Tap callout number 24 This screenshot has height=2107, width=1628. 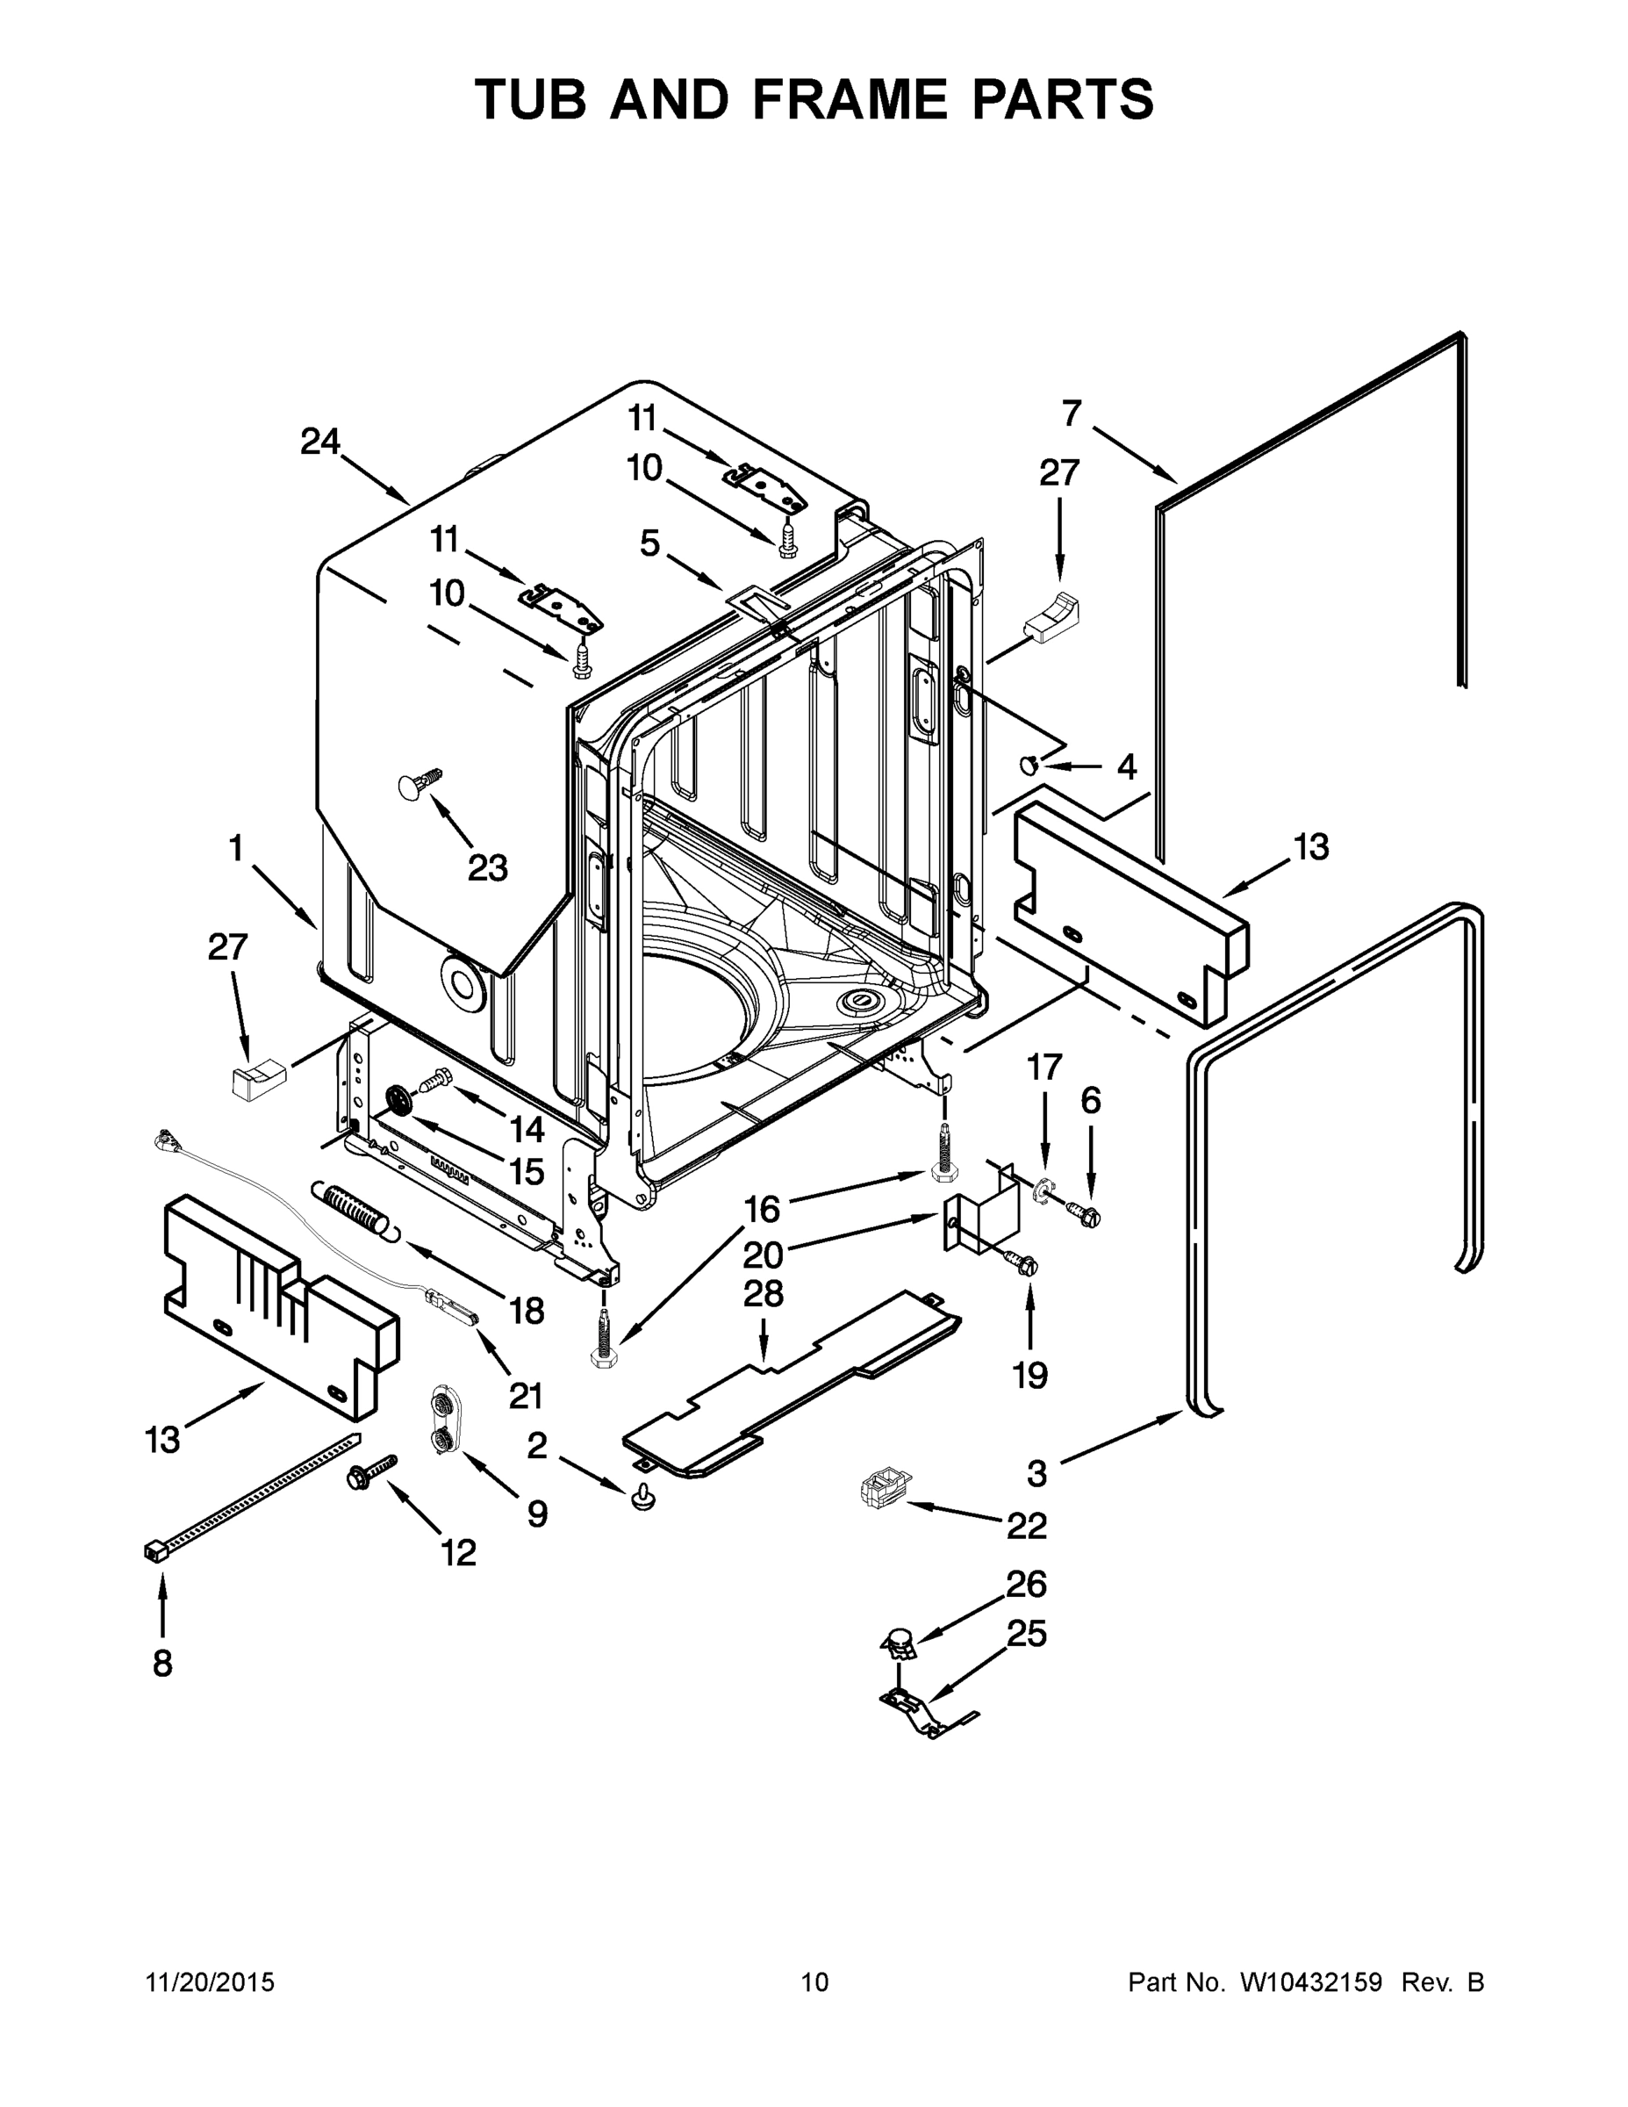[x=320, y=442]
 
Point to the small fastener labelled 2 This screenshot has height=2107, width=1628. [x=642, y=1496]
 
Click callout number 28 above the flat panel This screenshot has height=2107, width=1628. [x=764, y=1294]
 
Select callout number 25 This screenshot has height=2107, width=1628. [x=1026, y=1633]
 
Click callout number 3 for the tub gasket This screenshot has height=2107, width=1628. [x=1036, y=1472]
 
